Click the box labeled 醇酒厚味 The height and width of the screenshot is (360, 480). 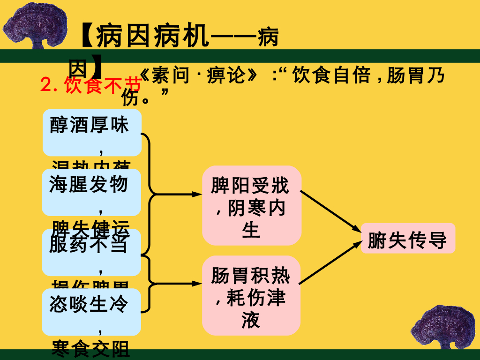(x=92, y=132)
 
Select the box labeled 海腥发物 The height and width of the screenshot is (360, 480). (x=92, y=192)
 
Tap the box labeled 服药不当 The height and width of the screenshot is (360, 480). (x=92, y=252)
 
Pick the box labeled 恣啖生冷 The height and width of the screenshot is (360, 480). (x=92, y=312)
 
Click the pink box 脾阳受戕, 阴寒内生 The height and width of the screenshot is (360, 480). (x=251, y=205)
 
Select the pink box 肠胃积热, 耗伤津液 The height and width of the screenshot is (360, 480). (x=251, y=295)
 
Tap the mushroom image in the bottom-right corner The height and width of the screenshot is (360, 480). (x=442, y=329)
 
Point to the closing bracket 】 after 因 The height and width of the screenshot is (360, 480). (x=96, y=67)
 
